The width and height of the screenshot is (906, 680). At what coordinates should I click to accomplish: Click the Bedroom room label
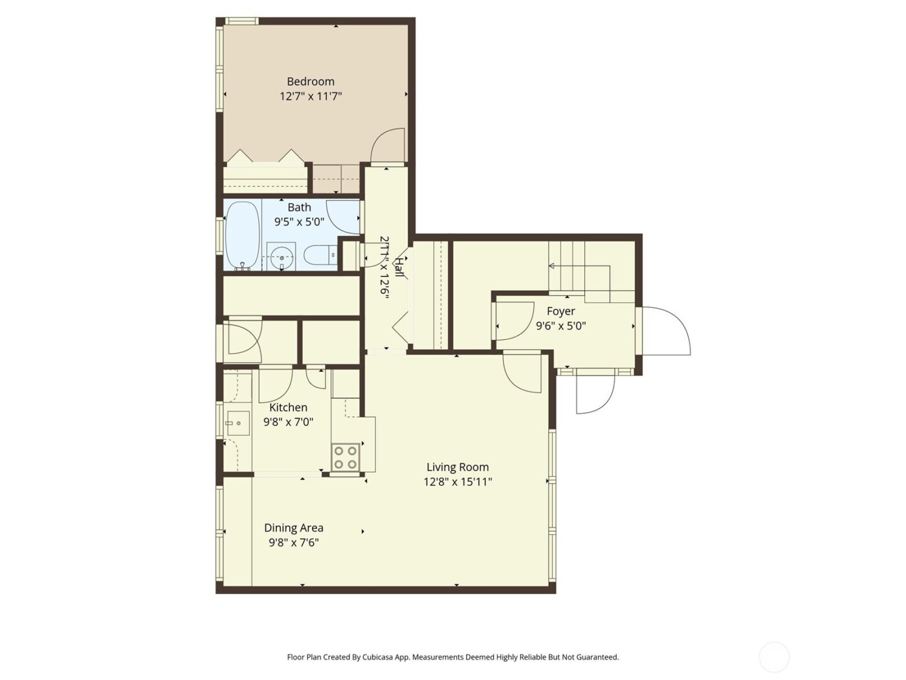311,82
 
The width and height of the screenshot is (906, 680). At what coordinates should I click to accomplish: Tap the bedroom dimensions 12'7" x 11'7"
311,96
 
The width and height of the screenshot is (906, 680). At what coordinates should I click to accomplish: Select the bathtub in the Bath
243,235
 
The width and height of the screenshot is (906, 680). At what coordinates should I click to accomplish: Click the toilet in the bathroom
320,255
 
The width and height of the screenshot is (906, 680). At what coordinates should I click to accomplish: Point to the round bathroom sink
282,257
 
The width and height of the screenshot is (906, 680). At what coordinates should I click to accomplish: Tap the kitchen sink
238,424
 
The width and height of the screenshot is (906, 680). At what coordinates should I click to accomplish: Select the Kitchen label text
288,407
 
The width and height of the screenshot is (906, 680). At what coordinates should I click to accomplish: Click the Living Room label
458,467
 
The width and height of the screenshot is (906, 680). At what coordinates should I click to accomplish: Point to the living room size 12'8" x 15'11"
458,482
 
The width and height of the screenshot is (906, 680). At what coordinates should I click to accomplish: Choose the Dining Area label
293,528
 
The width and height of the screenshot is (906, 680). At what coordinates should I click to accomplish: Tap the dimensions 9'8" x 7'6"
293,543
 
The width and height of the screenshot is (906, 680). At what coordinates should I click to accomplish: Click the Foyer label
560,312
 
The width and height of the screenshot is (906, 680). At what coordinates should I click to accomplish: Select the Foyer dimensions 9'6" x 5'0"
560,326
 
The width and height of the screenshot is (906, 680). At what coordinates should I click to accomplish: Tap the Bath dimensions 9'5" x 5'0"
299,222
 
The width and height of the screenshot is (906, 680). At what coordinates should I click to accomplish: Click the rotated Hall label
400,267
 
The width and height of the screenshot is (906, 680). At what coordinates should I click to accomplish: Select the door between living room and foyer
523,372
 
